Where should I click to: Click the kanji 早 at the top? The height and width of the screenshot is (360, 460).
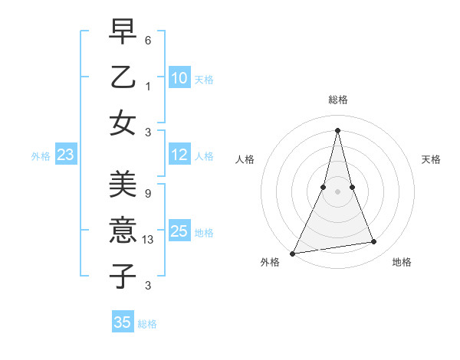click(123, 31)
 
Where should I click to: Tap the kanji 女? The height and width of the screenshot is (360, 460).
click(123, 122)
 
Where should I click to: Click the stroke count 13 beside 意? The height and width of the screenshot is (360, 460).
click(149, 240)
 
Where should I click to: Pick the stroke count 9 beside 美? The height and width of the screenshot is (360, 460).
click(147, 194)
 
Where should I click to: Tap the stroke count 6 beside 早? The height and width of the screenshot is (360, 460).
click(147, 41)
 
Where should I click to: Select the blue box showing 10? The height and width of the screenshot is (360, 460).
click(179, 78)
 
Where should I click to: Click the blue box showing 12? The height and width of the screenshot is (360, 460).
click(179, 155)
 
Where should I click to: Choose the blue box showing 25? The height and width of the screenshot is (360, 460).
click(179, 231)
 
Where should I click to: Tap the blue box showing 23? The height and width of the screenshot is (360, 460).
click(65, 155)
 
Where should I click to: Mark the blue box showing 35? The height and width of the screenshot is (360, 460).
click(123, 322)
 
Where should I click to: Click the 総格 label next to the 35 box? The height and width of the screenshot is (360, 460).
click(147, 324)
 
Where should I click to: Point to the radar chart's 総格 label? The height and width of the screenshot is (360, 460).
click(337, 100)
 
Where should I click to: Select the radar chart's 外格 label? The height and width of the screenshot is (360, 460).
click(270, 262)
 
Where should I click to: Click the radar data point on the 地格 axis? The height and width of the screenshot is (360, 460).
click(374, 242)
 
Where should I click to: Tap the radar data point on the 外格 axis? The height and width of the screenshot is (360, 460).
click(293, 253)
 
